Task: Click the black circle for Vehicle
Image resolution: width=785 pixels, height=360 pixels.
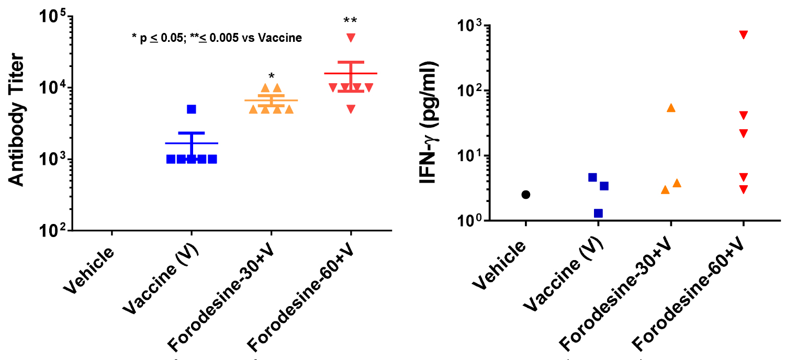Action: click(x=526, y=195)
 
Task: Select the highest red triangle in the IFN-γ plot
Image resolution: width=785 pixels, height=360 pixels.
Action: click(x=743, y=35)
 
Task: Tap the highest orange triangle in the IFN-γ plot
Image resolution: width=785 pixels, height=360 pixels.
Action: click(x=671, y=108)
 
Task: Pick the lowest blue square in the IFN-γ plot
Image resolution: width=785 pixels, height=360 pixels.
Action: click(x=598, y=213)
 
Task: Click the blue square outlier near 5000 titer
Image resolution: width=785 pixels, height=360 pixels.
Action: click(x=192, y=109)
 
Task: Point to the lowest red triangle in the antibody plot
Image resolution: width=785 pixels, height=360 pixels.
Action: click(x=351, y=109)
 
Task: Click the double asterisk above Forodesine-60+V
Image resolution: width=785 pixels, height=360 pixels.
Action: click(x=350, y=21)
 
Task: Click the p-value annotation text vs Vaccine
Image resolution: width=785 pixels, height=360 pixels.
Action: click(x=217, y=38)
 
